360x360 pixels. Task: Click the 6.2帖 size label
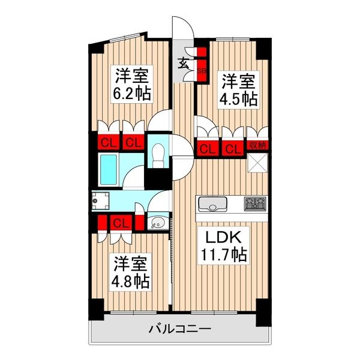[131, 94]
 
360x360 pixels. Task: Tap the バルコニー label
[179, 329]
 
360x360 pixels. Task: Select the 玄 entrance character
[182, 61]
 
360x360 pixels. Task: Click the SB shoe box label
[202, 70]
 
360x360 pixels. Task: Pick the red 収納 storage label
[257, 146]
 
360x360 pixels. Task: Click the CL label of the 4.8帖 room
[121, 223]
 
